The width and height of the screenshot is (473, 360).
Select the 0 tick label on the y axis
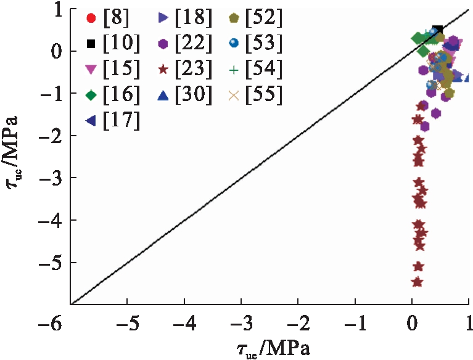[x=56, y=51]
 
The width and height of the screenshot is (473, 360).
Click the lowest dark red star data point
[x=417, y=282]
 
